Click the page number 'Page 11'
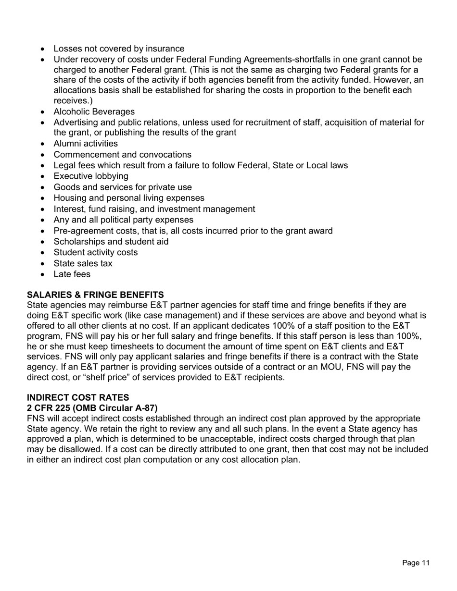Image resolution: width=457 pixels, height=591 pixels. click(416, 563)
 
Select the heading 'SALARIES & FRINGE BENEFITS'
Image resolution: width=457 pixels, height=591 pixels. click(95, 295)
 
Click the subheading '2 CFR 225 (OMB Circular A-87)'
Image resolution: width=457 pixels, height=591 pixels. click(92, 408)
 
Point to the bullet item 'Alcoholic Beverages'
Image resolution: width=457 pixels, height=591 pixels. click(94, 111)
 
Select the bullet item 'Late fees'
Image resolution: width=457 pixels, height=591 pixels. click(72, 274)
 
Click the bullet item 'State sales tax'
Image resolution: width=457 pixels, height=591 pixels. click(83, 263)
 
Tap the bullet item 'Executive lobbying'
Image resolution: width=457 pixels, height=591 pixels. click(91, 176)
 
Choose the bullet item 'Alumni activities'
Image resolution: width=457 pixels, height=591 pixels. click(86, 144)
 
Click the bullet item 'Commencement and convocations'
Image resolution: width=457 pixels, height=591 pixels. click(122, 155)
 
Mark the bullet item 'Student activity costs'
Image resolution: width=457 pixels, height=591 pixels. click(95, 253)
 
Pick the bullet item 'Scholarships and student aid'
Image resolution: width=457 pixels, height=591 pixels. click(111, 242)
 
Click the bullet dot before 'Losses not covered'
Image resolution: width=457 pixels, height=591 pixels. click(44, 49)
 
